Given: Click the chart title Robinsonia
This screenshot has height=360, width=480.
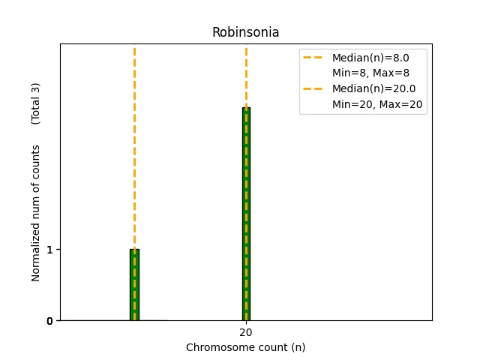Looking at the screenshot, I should pyautogui.click(x=245, y=32).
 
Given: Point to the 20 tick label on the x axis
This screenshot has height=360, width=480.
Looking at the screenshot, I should pyautogui.click(x=246, y=332).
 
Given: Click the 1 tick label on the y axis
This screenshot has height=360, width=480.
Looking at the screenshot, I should pyautogui.click(x=49, y=250).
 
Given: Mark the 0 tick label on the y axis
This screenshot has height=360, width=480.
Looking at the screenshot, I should pyautogui.click(x=49, y=321).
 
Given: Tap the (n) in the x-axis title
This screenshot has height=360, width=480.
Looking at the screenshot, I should pyautogui.click(x=298, y=347).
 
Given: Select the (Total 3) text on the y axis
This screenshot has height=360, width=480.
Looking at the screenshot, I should pyautogui.click(x=36, y=103).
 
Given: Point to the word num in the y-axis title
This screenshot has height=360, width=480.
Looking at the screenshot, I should pyautogui.click(x=36, y=202).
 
